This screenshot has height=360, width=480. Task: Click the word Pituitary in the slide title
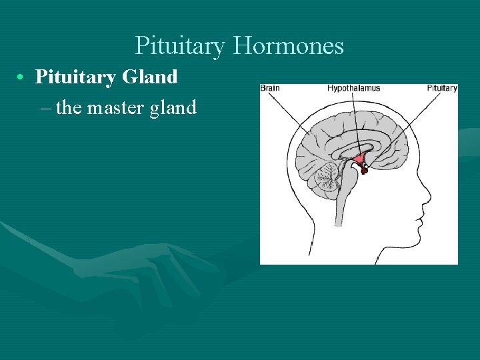(x=181, y=46)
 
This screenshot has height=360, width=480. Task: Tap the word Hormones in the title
(x=289, y=46)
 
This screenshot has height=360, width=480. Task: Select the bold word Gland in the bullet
(x=150, y=77)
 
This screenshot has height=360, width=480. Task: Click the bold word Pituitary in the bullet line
(x=75, y=77)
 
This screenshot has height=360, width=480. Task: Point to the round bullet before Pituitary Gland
(x=23, y=77)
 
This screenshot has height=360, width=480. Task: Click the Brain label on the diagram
(x=269, y=88)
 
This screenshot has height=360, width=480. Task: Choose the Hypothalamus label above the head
(x=353, y=88)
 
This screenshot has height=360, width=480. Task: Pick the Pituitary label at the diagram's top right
(x=442, y=88)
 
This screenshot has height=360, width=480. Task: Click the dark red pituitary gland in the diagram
(x=364, y=171)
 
